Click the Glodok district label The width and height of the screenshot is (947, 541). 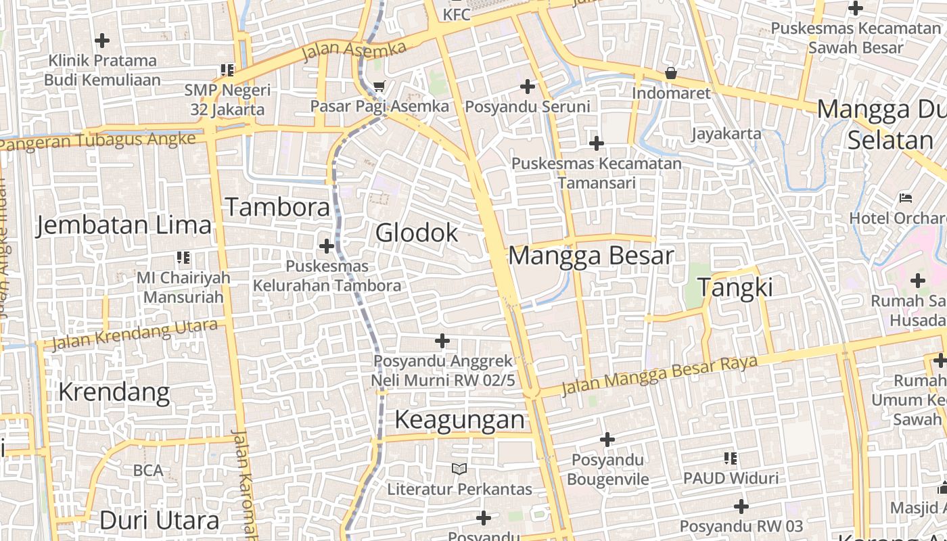pos(417,233)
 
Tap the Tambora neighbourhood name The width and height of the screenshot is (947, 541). pos(277,207)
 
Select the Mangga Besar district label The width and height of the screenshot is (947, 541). pos(591,256)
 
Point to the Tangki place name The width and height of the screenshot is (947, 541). pos(735,287)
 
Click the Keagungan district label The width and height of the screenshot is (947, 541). pos(459,420)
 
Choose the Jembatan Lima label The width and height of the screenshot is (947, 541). pos(124,225)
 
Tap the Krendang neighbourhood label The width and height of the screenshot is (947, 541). pos(114,392)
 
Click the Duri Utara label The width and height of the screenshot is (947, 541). pos(159,520)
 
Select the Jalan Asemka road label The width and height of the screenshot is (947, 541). pos(354,50)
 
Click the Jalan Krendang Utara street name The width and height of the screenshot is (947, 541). pos(135,335)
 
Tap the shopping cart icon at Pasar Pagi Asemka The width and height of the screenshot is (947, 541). pos(379,86)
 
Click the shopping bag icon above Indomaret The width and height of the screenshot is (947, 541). pos(671,73)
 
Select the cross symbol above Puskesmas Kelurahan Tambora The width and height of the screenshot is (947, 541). pos(327,246)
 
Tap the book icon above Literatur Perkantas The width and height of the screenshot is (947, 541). pos(459,469)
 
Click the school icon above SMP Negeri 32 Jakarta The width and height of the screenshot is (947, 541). pos(227,70)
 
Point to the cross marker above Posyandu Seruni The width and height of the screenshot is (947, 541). pos(528,87)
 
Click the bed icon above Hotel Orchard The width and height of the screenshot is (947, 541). pos(906,198)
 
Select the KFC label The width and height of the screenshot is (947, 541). pos(457,14)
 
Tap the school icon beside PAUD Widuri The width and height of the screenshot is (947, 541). pos(730,458)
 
